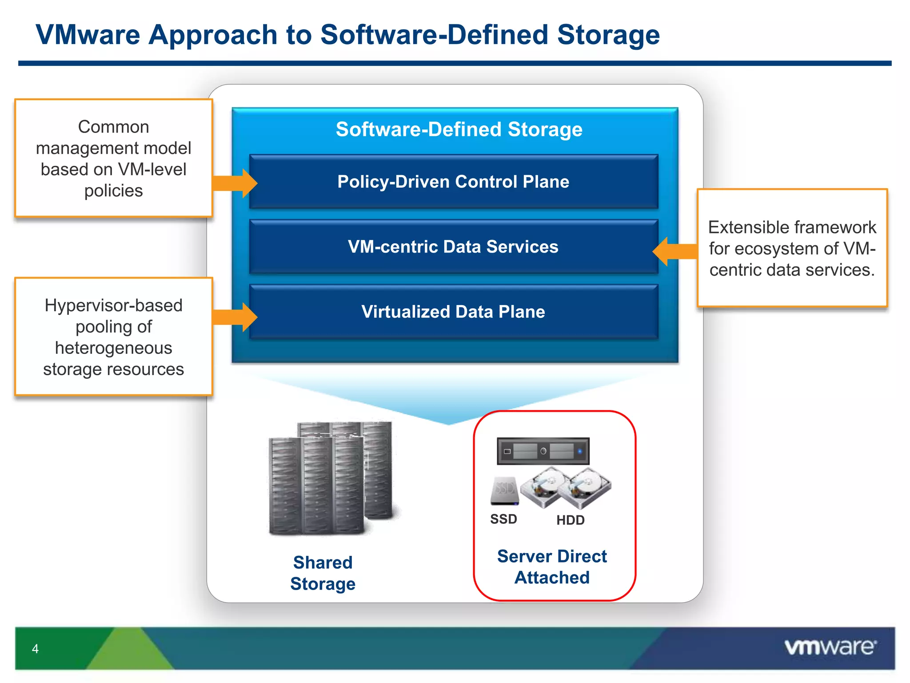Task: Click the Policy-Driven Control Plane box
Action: pos(453,182)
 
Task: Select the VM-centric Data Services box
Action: pos(453,247)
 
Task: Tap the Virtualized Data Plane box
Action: pos(453,312)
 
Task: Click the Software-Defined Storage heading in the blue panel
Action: pos(459,129)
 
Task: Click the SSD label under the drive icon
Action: pos(503,519)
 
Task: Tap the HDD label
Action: pos(571,520)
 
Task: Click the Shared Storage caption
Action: pos(323,573)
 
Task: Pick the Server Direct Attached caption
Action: pos(552,567)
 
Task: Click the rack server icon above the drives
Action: pos(543,451)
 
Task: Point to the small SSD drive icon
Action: pos(505,491)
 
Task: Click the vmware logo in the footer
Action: pos(830,647)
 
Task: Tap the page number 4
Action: pos(35,649)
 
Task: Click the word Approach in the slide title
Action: pos(213,35)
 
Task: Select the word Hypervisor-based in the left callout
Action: pos(114,305)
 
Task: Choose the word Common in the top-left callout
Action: pos(114,127)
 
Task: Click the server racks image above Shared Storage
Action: pos(331,478)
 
